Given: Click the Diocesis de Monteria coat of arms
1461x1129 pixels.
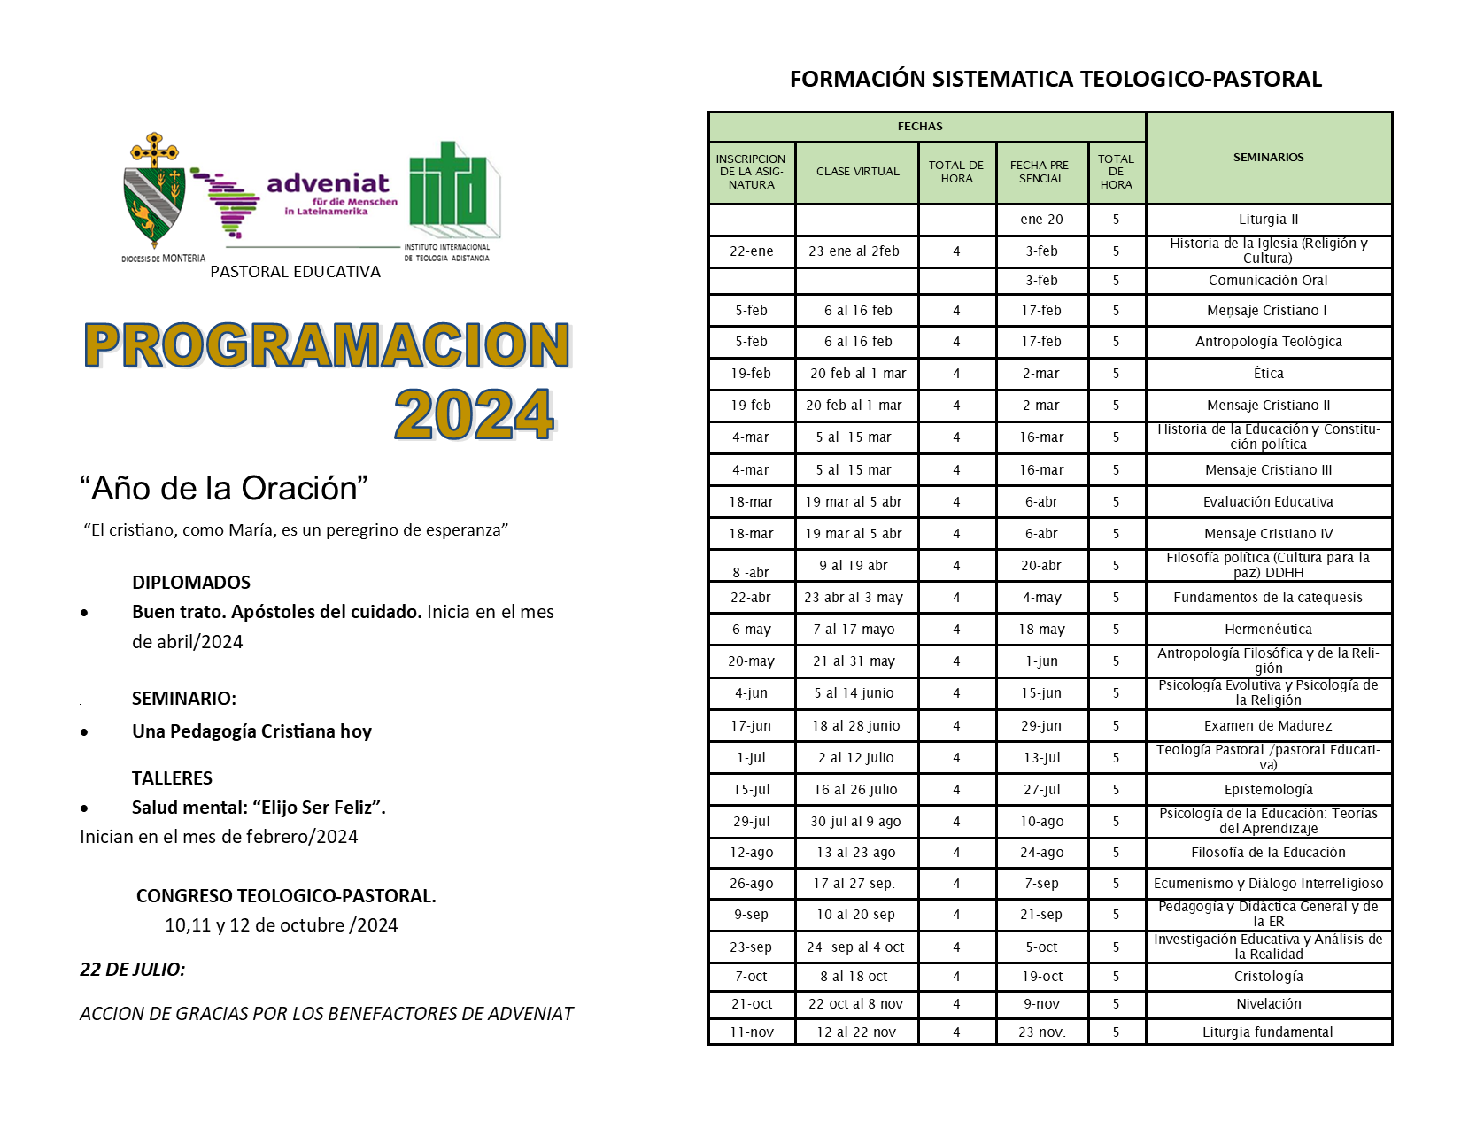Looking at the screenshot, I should pos(154,191).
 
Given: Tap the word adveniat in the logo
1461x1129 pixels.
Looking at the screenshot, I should pos(328,183).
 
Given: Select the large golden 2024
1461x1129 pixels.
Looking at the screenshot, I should pos(474,414).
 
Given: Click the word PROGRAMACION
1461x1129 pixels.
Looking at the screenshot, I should pos(327,345).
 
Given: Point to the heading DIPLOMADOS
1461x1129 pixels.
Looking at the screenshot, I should pos(191,583).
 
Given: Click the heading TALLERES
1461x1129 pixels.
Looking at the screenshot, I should pos(172,778).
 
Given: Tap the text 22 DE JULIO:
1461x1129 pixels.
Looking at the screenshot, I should pos(133,970).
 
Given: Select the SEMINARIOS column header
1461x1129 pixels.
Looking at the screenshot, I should pos(1268,158).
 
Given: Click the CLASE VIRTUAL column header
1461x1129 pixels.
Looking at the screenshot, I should pos(857,172).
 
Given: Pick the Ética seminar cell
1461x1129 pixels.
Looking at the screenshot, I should pos(1268,374).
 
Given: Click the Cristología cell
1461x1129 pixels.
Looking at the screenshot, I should pos(1268,977).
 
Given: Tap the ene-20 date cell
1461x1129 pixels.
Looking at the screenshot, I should pos(1041,220).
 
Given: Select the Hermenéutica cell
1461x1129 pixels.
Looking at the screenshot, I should pos(1268,630).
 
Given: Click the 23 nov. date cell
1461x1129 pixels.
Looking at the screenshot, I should pos(1041,1032).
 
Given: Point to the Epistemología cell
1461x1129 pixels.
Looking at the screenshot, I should pos(1268,790).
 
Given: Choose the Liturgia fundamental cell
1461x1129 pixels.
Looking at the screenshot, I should pos(1268,1032).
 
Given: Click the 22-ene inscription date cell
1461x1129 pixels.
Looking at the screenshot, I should pos(751,251).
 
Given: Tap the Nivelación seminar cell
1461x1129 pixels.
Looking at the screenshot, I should pos(1268,1004).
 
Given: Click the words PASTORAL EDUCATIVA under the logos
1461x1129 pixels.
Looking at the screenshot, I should pos(295,272).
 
